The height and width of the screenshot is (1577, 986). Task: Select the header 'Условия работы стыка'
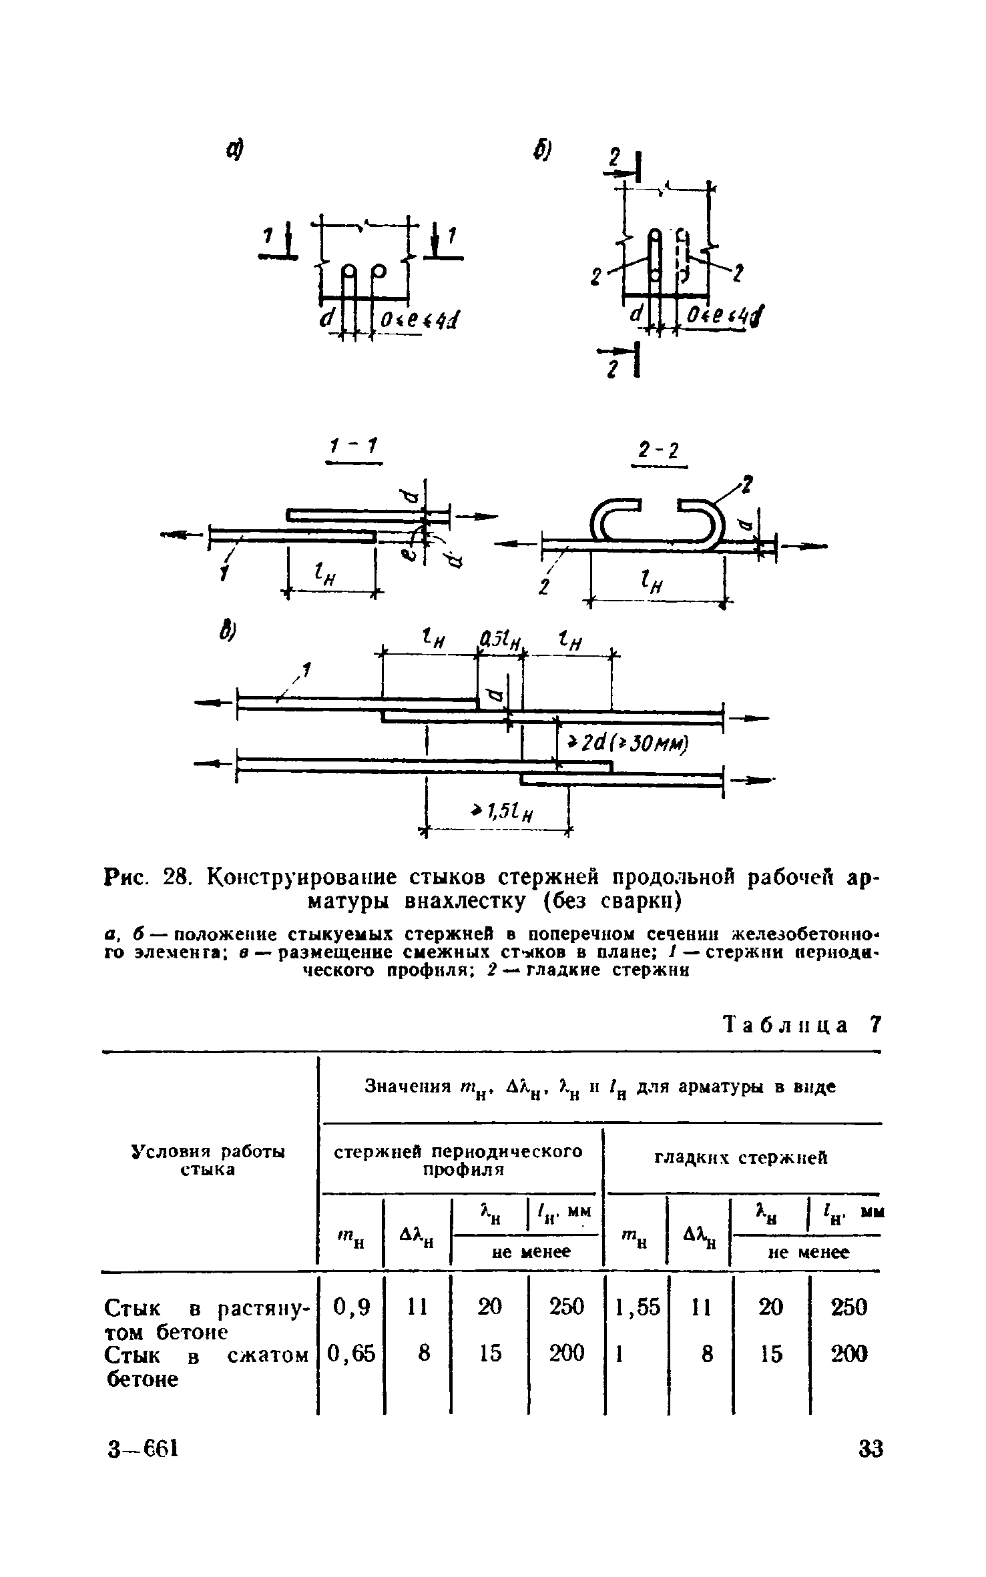pyautogui.click(x=208, y=1161)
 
